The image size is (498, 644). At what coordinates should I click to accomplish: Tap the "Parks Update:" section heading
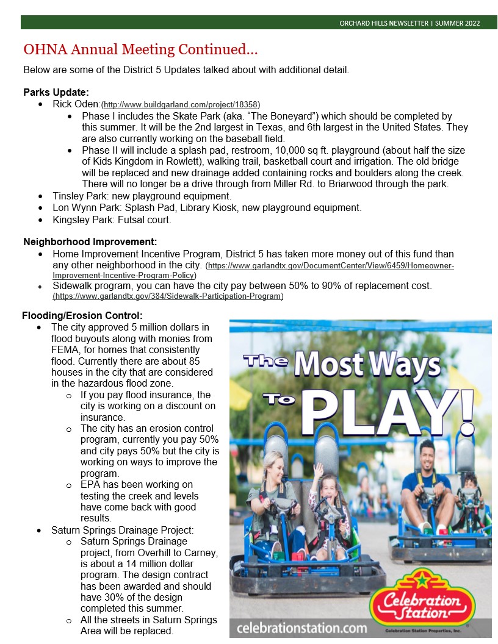[x=56, y=92]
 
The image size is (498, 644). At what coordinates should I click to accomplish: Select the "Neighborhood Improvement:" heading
[x=90, y=241]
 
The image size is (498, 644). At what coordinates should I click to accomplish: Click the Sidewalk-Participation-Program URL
[x=168, y=296]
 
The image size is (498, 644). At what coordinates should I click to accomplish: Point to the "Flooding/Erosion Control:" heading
[x=82, y=315]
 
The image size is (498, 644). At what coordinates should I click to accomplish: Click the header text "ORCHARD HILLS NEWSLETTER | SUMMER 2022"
[x=410, y=23]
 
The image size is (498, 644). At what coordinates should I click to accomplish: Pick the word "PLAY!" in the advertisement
[x=391, y=415]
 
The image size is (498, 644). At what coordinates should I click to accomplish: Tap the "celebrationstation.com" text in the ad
[x=302, y=628]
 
